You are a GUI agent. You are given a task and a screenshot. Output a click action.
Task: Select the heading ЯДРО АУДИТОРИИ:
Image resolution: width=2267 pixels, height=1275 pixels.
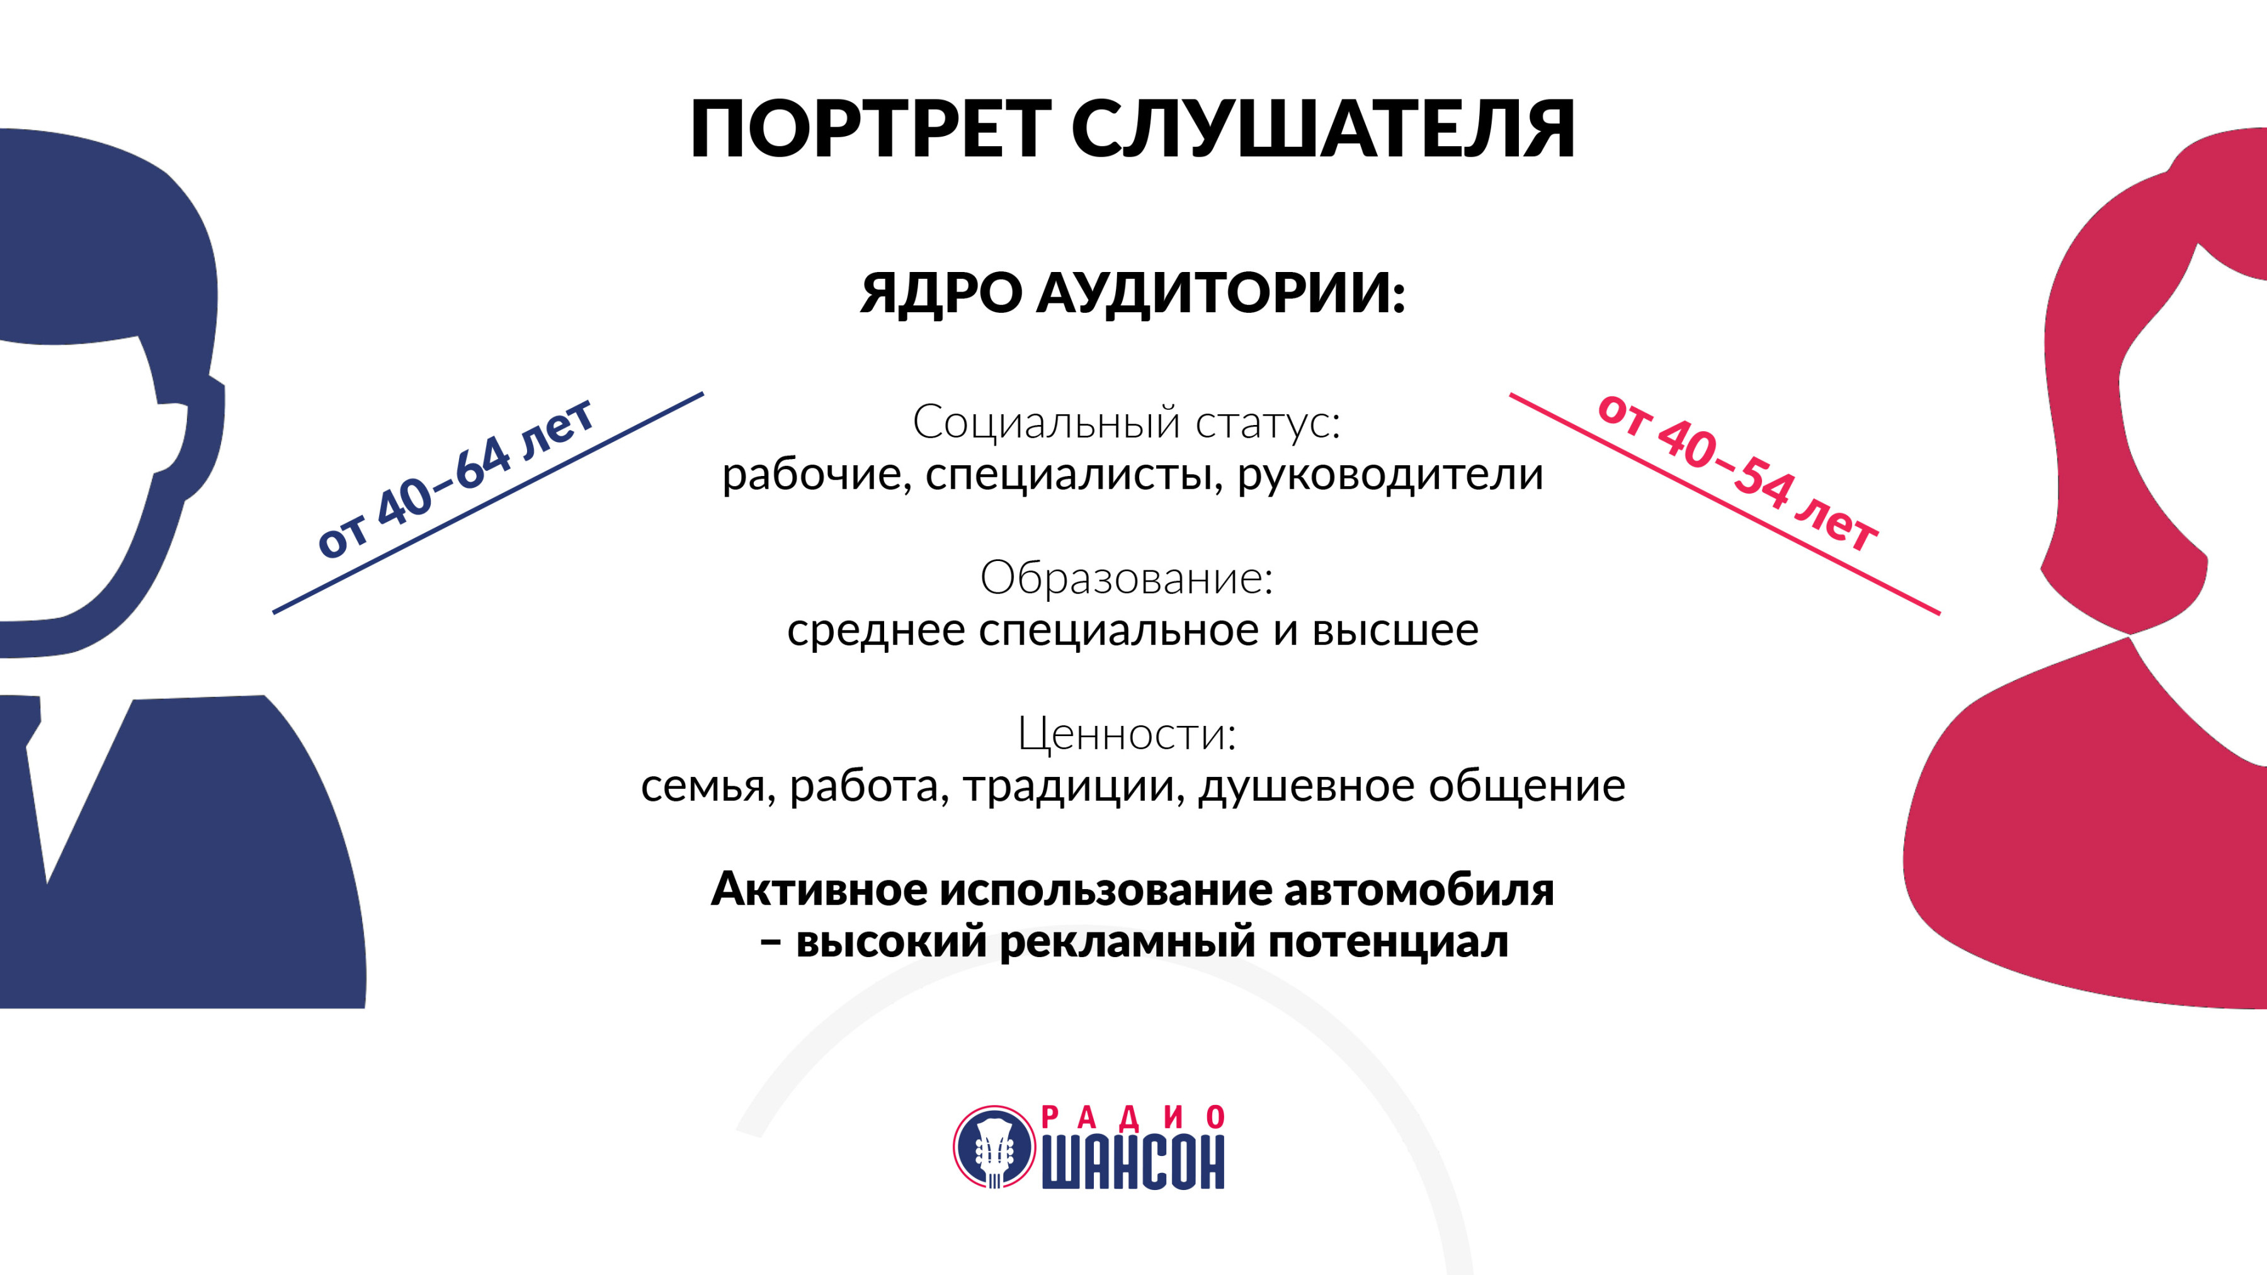(x=1133, y=292)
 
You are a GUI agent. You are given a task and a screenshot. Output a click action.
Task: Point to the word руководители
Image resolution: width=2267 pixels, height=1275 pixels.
(x=1390, y=475)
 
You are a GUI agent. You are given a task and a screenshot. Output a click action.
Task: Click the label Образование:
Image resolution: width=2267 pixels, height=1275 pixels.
(x=1127, y=578)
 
